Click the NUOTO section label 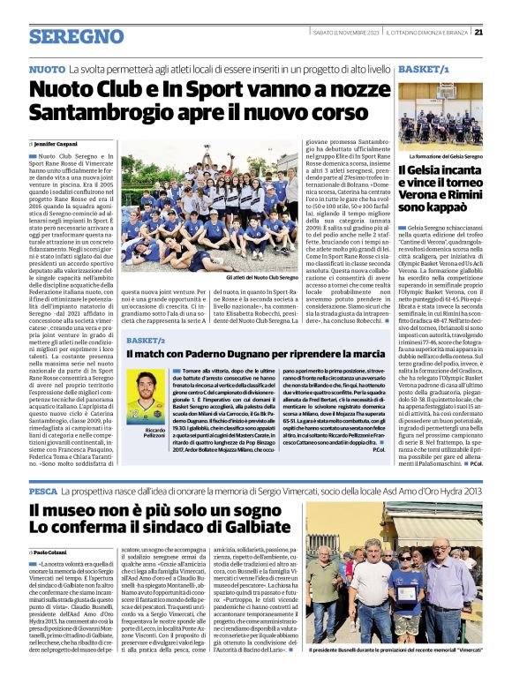click(47, 68)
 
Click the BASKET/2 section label click(146, 339)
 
